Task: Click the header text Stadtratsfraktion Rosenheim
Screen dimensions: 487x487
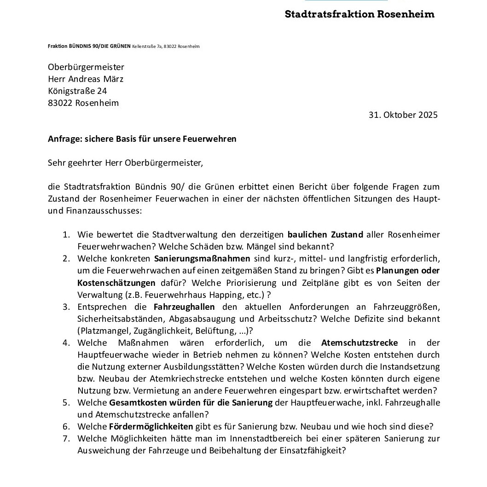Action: point(359,14)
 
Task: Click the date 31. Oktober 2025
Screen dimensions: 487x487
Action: point(403,115)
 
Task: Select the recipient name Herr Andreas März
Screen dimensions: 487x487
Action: point(86,79)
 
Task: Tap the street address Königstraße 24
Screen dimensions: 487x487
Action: point(77,91)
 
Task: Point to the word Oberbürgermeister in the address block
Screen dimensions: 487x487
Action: point(86,67)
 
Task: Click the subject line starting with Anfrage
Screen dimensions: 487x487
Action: point(142,139)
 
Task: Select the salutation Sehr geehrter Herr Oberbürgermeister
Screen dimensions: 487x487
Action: point(125,162)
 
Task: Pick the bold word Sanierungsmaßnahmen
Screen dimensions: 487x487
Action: point(202,259)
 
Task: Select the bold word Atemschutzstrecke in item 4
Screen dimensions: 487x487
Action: point(359,343)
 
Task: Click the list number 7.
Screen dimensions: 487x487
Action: point(66,439)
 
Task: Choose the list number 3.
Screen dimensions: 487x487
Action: point(66,307)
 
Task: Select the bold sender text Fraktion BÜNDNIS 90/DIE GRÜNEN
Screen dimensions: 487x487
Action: point(89,46)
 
